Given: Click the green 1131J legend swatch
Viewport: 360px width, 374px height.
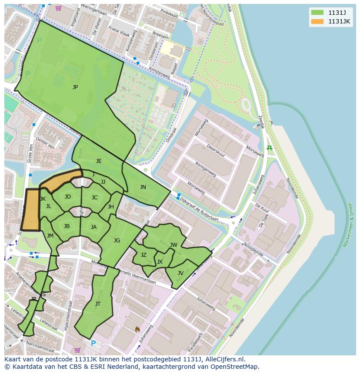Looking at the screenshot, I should (317, 12).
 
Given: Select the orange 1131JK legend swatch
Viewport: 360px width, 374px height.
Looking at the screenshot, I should (317, 21).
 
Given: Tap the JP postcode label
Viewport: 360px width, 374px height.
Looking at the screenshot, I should (75, 87).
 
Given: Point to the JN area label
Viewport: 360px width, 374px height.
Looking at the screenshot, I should (143, 187).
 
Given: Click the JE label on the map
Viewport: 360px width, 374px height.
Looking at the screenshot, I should (99, 161).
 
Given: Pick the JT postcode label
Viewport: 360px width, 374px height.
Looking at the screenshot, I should (98, 304).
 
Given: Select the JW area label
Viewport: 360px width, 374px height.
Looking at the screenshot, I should (173, 245).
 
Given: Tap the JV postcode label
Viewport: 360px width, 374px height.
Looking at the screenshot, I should (180, 273).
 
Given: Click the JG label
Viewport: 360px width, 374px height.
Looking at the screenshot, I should (117, 241).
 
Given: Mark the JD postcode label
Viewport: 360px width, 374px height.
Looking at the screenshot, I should (68, 197).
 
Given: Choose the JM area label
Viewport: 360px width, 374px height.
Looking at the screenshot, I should (50, 236).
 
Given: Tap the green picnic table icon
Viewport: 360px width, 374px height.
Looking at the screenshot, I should (270, 148).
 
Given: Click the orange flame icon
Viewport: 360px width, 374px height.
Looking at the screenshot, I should (138, 330).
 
